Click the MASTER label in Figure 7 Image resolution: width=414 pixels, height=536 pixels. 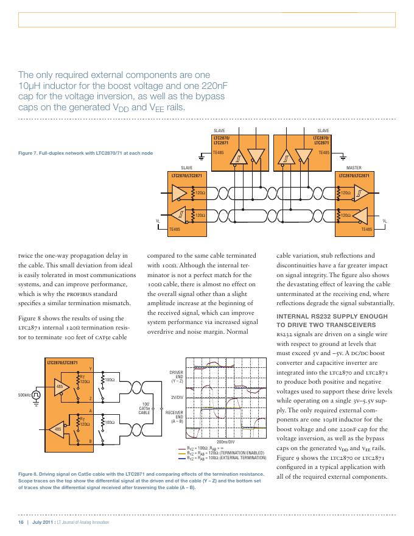[x=354, y=168]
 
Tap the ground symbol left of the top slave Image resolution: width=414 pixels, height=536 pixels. [x=202, y=157]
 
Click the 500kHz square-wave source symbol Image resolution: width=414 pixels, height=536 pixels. [x=36, y=395]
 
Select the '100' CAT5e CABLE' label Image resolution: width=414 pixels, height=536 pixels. [x=144, y=408]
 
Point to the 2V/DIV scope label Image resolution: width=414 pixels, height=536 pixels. [x=177, y=398]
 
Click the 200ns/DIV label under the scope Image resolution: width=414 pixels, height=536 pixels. [x=225, y=442]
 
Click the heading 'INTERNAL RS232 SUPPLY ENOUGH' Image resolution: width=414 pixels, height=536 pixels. [x=332, y=317]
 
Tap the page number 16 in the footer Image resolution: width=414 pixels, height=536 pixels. [x=21, y=522]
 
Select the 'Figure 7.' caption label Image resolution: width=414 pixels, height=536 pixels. [x=27, y=153]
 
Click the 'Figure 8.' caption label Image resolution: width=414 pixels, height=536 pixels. [x=27, y=474]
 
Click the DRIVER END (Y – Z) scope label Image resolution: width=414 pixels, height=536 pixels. [x=177, y=376]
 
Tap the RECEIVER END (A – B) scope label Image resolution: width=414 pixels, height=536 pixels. [x=174, y=417]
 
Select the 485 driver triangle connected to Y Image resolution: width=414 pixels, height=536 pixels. [x=61, y=387]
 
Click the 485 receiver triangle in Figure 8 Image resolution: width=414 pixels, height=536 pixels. [x=57, y=429]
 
